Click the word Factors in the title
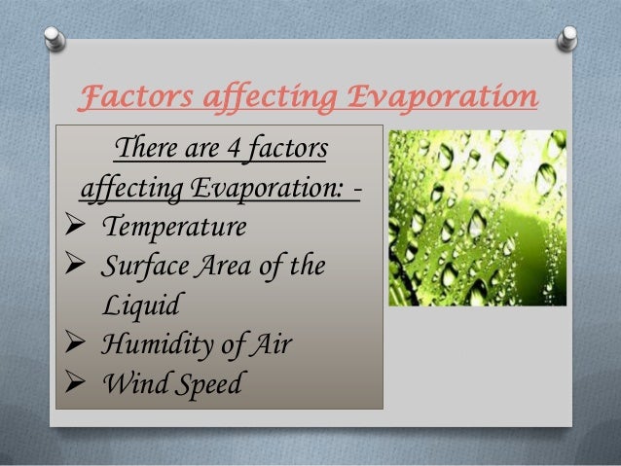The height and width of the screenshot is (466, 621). point(131,99)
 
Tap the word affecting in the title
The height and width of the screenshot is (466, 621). point(262,99)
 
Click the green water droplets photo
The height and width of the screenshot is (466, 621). point(477,218)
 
